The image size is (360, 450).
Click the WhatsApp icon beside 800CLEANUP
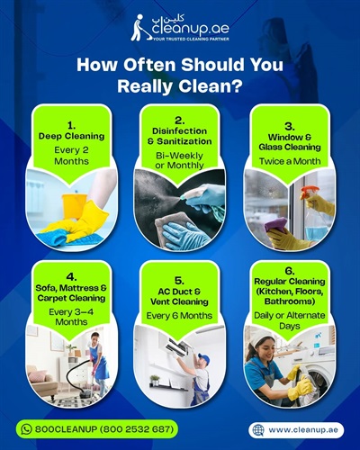(x=26, y=429)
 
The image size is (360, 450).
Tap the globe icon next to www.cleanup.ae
(x=258, y=430)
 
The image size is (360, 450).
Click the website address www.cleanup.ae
(x=303, y=430)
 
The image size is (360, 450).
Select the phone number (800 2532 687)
(x=137, y=429)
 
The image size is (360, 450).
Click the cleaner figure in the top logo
(x=139, y=28)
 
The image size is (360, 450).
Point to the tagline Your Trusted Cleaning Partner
(x=191, y=39)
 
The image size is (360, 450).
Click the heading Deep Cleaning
(x=71, y=136)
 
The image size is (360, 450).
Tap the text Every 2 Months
(x=71, y=156)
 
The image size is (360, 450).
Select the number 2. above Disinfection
(x=179, y=121)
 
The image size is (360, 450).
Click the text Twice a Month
(x=290, y=161)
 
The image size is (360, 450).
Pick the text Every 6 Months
(x=179, y=316)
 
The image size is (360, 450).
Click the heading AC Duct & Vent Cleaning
(x=179, y=296)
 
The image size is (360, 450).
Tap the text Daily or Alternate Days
(x=290, y=320)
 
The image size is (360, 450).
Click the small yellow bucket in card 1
(x=74, y=205)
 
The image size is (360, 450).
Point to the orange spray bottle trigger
(x=309, y=192)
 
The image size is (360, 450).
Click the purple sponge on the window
(x=275, y=224)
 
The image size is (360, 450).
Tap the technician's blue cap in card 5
(x=205, y=357)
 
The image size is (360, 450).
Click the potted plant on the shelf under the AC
(x=155, y=380)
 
